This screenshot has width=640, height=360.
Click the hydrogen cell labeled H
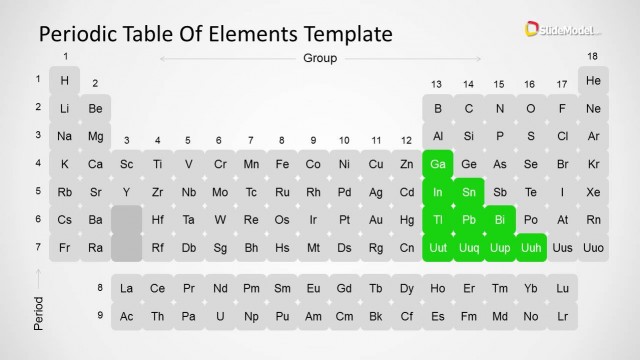(x=65, y=80)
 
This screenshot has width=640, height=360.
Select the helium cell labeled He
(x=594, y=80)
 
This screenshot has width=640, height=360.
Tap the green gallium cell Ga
(x=438, y=164)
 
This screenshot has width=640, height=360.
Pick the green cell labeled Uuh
(x=531, y=247)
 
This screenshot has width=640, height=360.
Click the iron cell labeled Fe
(x=282, y=164)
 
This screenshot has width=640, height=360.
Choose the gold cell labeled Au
(x=376, y=219)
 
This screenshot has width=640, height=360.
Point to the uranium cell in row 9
(x=220, y=316)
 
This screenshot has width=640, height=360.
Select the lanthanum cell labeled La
(x=127, y=288)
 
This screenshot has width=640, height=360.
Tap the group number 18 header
(x=593, y=56)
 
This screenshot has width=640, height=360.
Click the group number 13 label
(x=437, y=84)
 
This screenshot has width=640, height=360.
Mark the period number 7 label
(x=38, y=246)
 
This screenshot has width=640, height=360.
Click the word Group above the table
(x=320, y=58)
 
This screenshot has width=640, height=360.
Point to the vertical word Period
(x=38, y=312)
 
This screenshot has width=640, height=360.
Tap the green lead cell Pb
(x=469, y=219)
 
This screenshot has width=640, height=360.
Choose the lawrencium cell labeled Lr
(x=563, y=316)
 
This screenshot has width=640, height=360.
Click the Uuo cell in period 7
(x=594, y=247)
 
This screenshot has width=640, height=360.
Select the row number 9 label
(x=99, y=315)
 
